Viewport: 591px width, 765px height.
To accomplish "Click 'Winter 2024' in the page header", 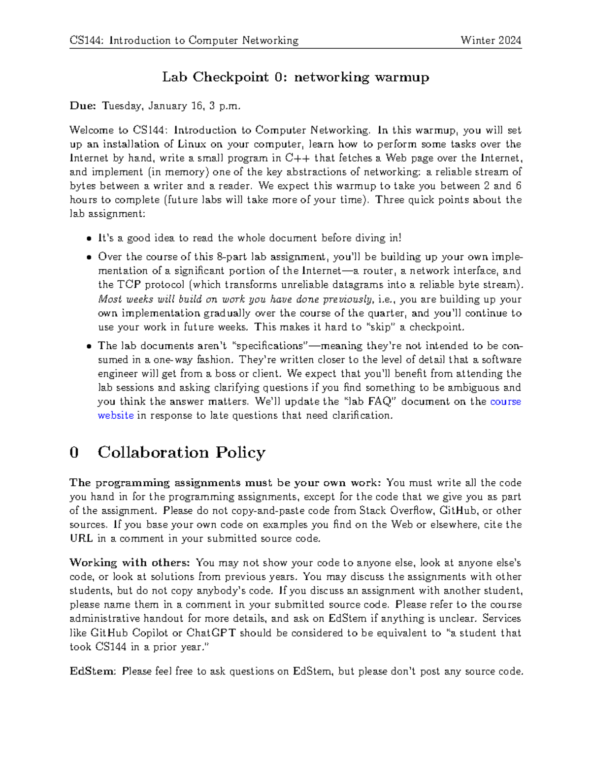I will (x=491, y=40).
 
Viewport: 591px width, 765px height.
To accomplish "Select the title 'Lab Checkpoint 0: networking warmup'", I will (x=295, y=77).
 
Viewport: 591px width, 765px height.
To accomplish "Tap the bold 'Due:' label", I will (x=82, y=106).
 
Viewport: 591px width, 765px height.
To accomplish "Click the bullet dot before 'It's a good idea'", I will (x=89, y=238).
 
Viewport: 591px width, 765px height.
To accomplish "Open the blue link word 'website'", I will (x=116, y=415).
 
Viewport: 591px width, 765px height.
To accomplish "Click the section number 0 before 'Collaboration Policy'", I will (x=74, y=452).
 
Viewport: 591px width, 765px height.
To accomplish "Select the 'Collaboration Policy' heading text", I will (x=181, y=452).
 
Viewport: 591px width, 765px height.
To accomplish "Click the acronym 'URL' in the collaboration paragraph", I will (x=81, y=538).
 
